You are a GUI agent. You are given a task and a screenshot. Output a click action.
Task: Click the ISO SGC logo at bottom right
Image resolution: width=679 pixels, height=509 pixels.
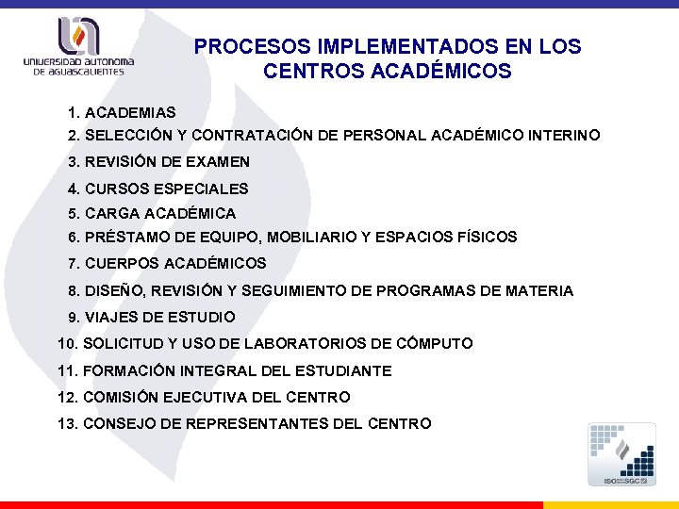(x=621, y=454)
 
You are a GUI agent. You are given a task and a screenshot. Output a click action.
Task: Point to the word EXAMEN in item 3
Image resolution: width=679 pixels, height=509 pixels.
(x=218, y=162)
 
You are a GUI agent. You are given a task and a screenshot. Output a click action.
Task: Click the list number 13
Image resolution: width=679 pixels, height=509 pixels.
(x=67, y=424)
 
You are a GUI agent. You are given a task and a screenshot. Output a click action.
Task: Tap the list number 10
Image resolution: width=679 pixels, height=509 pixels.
(x=67, y=344)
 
